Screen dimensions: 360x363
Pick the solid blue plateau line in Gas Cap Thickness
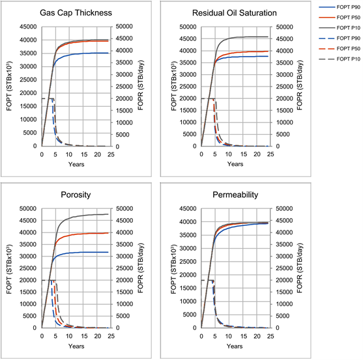tap(85, 53)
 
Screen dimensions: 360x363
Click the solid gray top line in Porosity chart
tap(85, 215)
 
